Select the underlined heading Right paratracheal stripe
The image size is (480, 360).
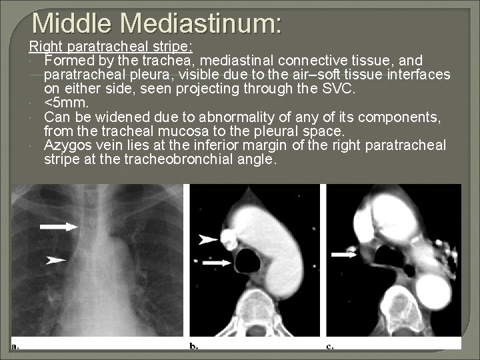(111, 47)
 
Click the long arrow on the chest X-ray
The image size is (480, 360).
(59, 227)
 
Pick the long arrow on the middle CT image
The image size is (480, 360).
(217, 264)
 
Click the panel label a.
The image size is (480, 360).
(15, 346)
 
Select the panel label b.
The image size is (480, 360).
(193, 346)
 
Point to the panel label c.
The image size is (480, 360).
(330, 346)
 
